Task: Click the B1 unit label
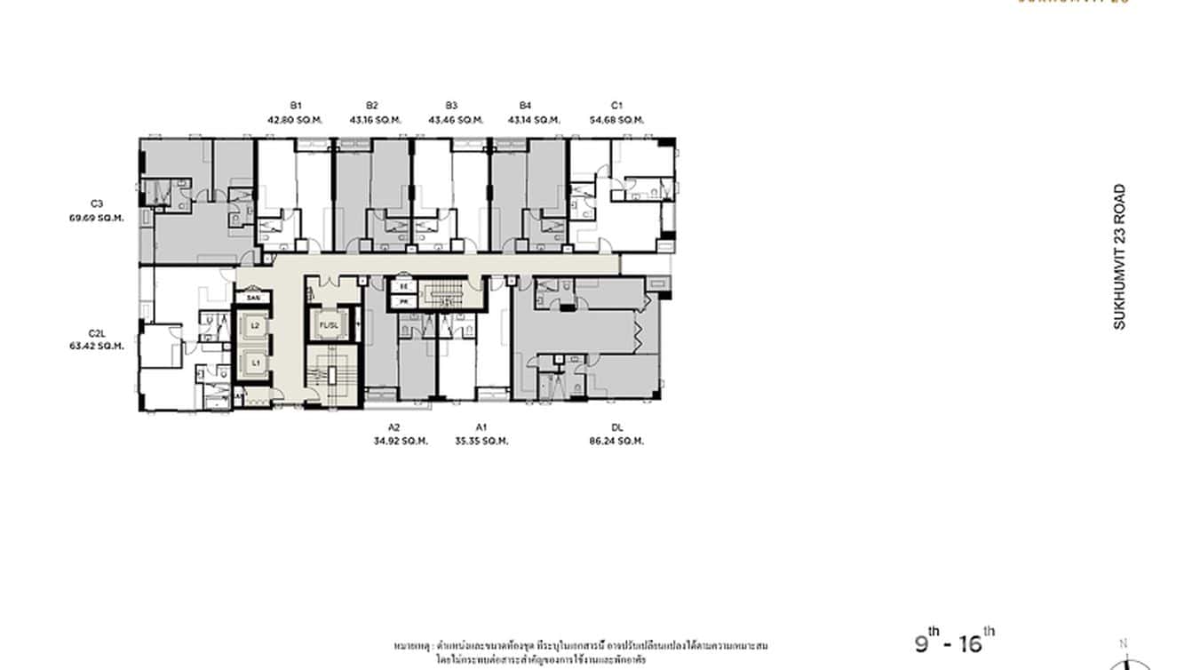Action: pyautogui.click(x=294, y=105)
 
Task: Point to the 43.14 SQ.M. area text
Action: pyautogui.click(x=534, y=119)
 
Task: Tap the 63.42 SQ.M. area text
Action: pyautogui.click(x=97, y=346)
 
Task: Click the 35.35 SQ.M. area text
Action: pyautogui.click(x=481, y=440)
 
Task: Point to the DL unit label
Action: pyautogui.click(x=616, y=427)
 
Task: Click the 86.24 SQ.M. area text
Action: pyautogui.click(x=616, y=440)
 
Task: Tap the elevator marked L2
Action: pyautogui.click(x=255, y=326)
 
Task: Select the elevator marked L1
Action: pyautogui.click(x=255, y=363)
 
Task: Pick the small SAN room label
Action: pyautogui.click(x=253, y=298)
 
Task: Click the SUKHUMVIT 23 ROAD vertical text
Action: pyautogui.click(x=1119, y=257)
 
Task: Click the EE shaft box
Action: pyautogui.click(x=402, y=287)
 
